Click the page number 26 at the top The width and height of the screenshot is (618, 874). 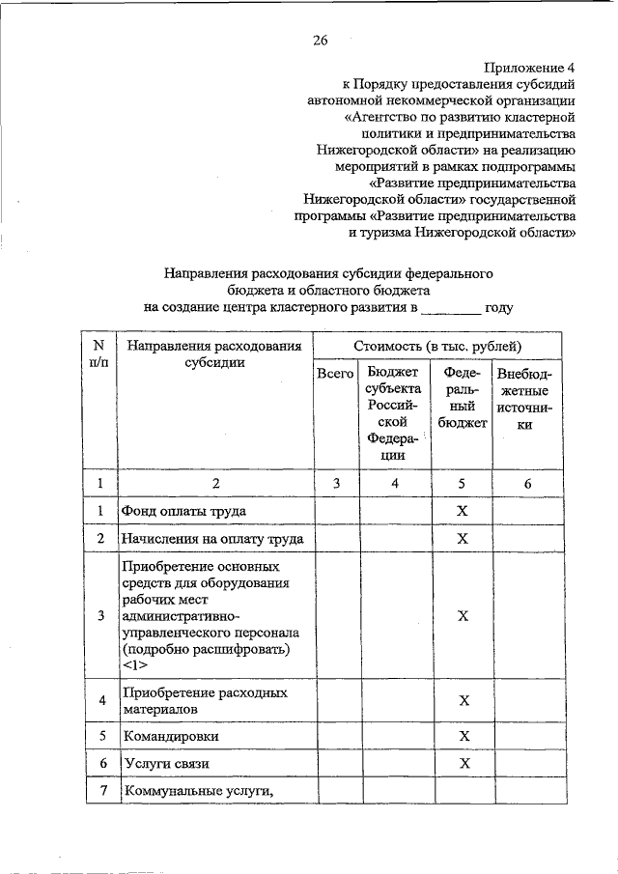click(x=321, y=40)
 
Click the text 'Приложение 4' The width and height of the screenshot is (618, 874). click(x=530, y=68)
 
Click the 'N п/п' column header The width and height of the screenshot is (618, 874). click(x=98, y=353)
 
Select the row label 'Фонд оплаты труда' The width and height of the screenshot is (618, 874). click(x=182, y=510)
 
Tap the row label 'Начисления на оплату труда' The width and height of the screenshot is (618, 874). click(x=211, y=538)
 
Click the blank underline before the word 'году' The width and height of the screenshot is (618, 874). click(x=451, y=309)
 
